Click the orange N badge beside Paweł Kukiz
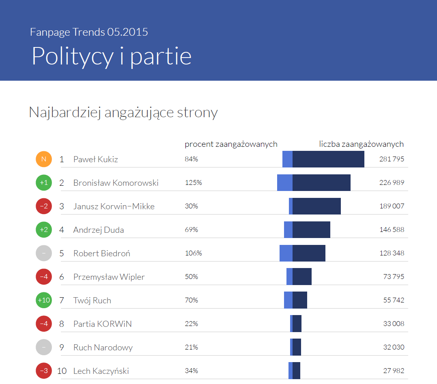(x=44, y=159)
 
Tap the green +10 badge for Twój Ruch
(x=44, y=300)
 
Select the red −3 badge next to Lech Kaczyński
(x=44, y=371)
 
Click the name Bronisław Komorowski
(x=116, y=183)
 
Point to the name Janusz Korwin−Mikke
(x=114, y=206)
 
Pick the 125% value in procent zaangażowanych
(x=193, y=182)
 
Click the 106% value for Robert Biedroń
(x=193, y=253)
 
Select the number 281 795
(x=392, y=159)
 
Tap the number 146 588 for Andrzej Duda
(x=392, y=230)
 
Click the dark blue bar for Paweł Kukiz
(x=328, y=159)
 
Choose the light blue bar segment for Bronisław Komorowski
(x=285, y=182)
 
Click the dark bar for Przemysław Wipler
(x=302, y=277)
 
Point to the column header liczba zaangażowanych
(x=361, y=144)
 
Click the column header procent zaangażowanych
(x=231, y=144)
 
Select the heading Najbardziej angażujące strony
(x=123, y=112)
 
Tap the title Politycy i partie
(x=112, y=56)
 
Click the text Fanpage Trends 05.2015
(x=89, y=32)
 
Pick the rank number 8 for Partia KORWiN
(x=62, y=324)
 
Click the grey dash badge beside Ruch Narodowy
(x=44, y=347)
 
